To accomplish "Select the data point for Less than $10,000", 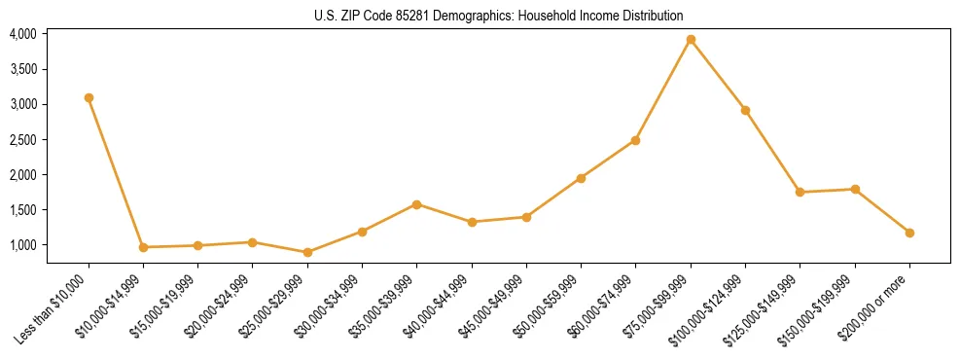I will (89, 97).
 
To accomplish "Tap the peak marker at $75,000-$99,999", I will (691, 40).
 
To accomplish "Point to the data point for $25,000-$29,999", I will (307, 252).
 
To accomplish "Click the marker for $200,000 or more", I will (909, 233).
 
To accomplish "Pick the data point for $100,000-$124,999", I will (745, 110).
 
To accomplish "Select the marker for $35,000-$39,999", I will (416, 204).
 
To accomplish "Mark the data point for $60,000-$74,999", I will (635, 140).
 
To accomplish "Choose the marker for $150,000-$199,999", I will (855, 189).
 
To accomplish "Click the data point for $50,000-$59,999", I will (581, 178).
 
